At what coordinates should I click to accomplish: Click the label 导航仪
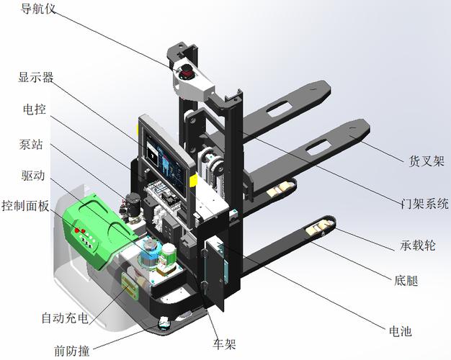(x=38, y=9)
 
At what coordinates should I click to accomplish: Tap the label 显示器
(x=36, y=77)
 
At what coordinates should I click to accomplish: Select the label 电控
(x=35, y=109)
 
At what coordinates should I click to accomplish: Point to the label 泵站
(x=31, y=144)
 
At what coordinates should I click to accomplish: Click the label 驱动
(x=33, y=175)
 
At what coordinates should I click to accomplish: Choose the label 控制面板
(x=25, y=206)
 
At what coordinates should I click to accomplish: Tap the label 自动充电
(x=65, y=318)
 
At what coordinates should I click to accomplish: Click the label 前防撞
(x=72, y=351)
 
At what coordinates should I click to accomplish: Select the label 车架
(x=224, y=343)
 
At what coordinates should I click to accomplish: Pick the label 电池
(x=401, y=331)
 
